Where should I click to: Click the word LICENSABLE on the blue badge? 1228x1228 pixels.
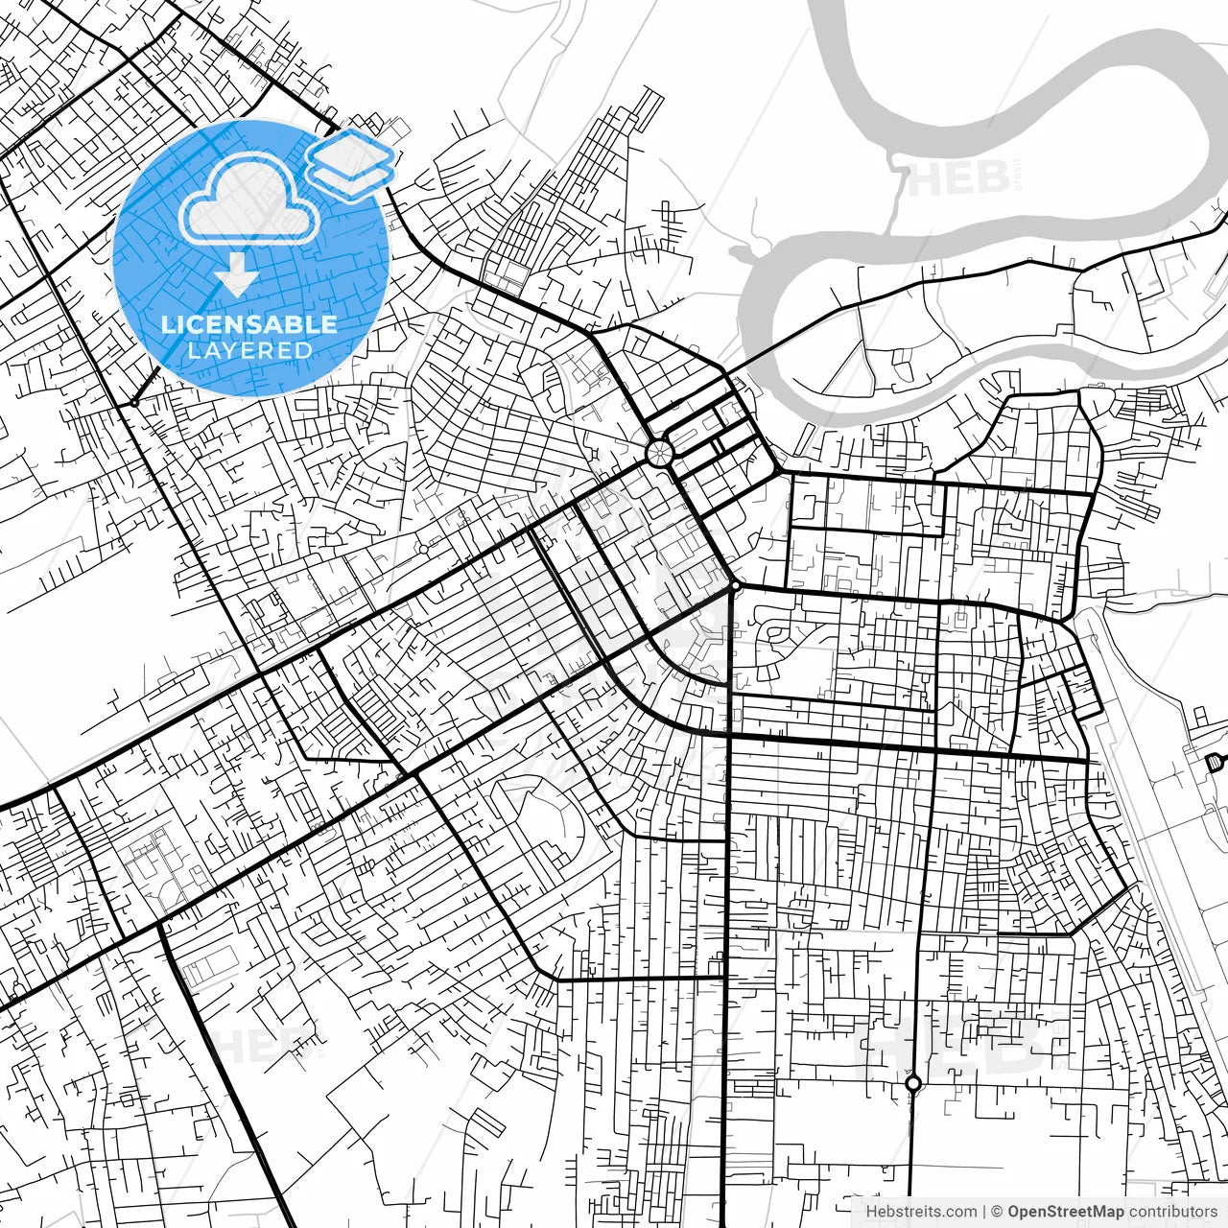(x=249, y=324)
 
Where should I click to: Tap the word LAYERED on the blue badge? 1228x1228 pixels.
(x=249, y=350)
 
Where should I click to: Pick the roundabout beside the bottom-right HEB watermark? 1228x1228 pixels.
(x=912, y=1084)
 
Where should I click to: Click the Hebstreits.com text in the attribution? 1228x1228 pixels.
(x=921, y=1212)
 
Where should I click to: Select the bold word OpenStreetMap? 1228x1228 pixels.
(x=1066, y=1212)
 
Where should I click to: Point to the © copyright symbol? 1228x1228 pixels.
(x=998, y=1212)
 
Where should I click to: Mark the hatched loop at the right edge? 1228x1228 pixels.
(x=1215, y=762)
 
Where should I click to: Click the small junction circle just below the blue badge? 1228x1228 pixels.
(x=135, y=403)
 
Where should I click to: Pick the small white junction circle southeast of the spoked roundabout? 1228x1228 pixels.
(x=734, y=585)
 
